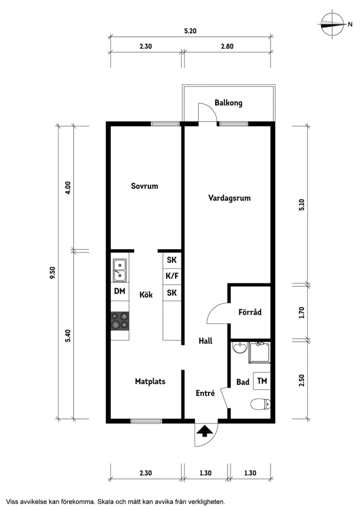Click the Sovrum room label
click(x=144, y=186)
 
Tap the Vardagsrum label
click(x=229, y=198)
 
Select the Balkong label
click(x=228, y=103)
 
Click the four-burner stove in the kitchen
click(x=120, y=321)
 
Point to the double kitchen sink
click(x=120, y=270)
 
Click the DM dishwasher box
click(x=120, y=291)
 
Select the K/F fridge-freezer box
click(x=172, y=276)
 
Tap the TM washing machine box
click(x=262, y=381)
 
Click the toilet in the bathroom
click(x=260, y=404)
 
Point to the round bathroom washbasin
click(x=240, y=347)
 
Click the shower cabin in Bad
click(x=259, y=352)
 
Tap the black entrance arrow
click(x=205, y=432)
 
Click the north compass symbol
click(x=332, y=24)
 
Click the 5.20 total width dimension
click(x=190, y=31)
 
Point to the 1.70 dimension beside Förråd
click(x=302, y=312)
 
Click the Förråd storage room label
click(x=250, y=312)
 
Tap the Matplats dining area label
click(x=150, y=382)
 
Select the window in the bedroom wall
click(x=165, y=124)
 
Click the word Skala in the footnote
click(x=106, y=502)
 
